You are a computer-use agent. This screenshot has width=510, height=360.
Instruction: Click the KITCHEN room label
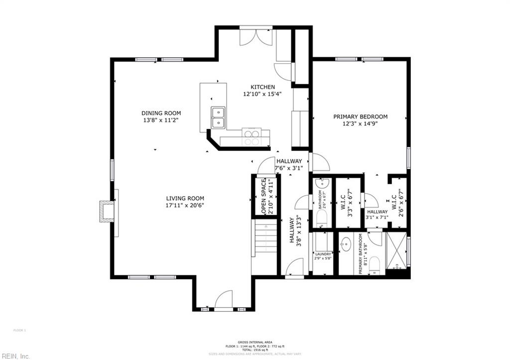pos(262,87)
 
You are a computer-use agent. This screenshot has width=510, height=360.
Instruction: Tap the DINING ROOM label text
pos(161,113)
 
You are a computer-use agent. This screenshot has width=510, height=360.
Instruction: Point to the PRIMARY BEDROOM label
pos(360,117)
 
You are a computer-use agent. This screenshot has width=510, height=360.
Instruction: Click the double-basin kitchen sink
pos(218,118)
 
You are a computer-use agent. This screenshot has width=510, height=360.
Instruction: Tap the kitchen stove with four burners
pos(251,136)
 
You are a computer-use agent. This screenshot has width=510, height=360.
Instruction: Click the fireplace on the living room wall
pos(107,211)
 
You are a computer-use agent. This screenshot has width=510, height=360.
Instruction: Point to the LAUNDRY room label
pos(322,254)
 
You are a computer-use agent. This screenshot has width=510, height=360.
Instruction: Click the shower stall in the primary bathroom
pos(396,250)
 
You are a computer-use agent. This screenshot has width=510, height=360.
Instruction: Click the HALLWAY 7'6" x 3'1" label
pos(289,164)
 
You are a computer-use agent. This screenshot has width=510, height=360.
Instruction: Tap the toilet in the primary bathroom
pos(375,264)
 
